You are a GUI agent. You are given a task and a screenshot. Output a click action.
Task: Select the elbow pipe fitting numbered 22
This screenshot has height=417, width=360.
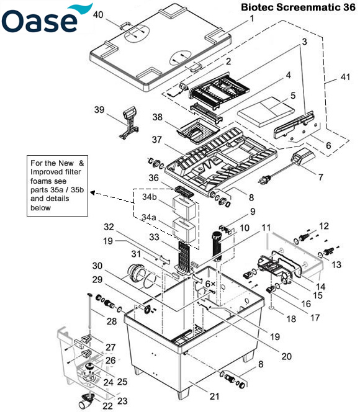(84, 402)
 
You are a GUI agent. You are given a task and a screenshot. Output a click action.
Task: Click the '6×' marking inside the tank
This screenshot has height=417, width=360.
(210, 283)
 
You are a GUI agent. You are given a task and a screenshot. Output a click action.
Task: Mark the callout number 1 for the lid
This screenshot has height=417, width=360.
(252, 19)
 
